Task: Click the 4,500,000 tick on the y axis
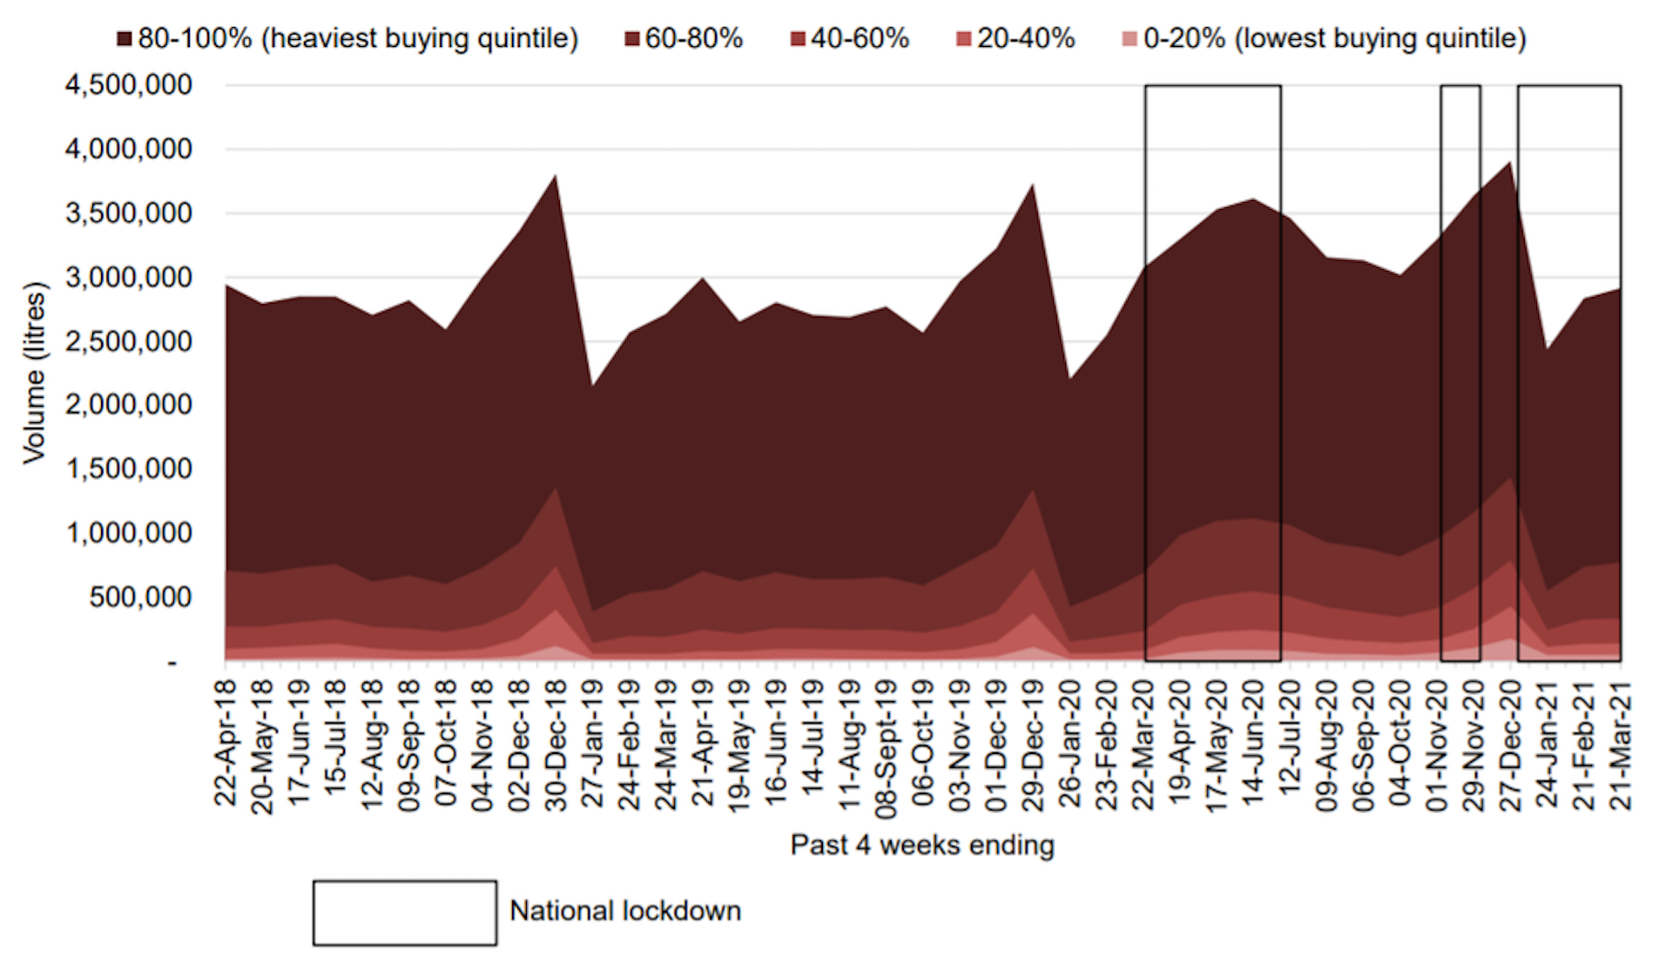tap(128, 85)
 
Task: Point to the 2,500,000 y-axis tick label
tap(128, 341)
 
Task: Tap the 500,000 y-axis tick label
tap(140, 597)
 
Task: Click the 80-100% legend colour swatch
tap(125, 39)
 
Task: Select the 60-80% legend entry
tap(684, 39)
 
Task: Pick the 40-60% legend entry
tap(850, 39)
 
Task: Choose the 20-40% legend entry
tap(1016, 39)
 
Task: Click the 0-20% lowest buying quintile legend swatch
tap(1129, 39)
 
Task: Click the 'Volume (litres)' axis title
tap(34, 373)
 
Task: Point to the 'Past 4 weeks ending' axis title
tap(922, 845)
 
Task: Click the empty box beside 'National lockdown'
tap(405, 913)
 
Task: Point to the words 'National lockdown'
tap(625, 911)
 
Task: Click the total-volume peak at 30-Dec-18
tap(556, 177)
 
